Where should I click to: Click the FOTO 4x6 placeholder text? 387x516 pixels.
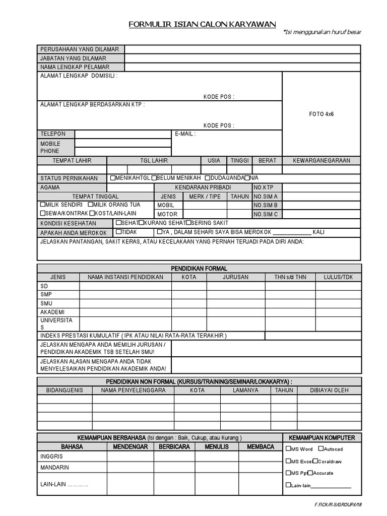321,114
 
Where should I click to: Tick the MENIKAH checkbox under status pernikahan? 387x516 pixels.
112,178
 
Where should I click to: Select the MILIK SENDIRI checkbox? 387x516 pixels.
42,205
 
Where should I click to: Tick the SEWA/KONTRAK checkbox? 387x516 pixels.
42,213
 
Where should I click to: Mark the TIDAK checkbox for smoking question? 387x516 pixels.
118,232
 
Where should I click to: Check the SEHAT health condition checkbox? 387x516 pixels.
118,222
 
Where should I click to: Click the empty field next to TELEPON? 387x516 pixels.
122,134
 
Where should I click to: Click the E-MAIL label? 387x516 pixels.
185,134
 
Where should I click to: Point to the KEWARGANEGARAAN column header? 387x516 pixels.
321,160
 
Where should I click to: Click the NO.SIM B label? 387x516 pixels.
266,205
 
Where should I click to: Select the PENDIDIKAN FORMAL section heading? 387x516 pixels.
199,269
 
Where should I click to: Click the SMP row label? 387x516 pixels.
46,294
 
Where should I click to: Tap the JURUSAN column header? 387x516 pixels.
235,277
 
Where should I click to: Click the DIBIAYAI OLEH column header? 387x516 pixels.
329,390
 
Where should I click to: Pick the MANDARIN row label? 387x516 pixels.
54,467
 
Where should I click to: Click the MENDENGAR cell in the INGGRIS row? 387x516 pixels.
130,456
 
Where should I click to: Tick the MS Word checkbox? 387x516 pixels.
288,448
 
